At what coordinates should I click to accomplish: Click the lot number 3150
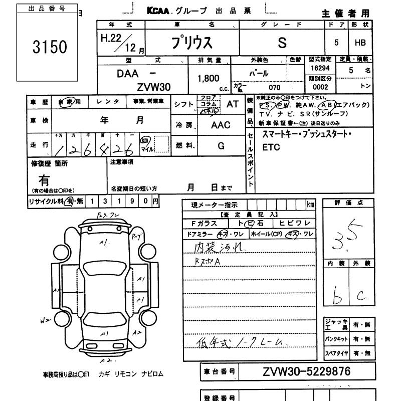pyautogui.click(x=49, y=47)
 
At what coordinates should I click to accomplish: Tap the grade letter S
pyautogui.click(x=282, y=43)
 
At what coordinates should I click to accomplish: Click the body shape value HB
pyautogui.click(x=360, y=43)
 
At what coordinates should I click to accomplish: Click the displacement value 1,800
pyautogui.click(x=209, y=78)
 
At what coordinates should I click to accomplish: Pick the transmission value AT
pyautogui.click(x=233, y=104)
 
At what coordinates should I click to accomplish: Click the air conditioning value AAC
pyautogui.click(x=221, y=125)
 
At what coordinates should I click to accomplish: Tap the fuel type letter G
pyautogui.click(x=221, y=145)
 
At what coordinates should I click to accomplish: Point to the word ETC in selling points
pyautogui.click(x=271, y=148)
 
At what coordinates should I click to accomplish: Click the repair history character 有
pyautogui.click(x=44, y=179)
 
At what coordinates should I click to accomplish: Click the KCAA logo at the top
pyautogui.click(x=160, y=11)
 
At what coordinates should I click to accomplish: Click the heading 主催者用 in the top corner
pyautogui.click(x=346, y=13)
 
